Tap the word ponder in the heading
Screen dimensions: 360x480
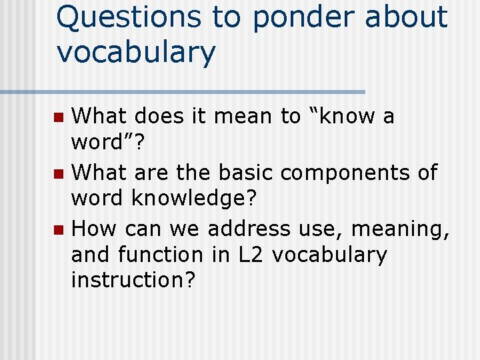tap(304, 19)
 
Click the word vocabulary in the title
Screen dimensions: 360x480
tap(136, 52)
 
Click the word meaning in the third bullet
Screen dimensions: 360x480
tap(399, 230)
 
